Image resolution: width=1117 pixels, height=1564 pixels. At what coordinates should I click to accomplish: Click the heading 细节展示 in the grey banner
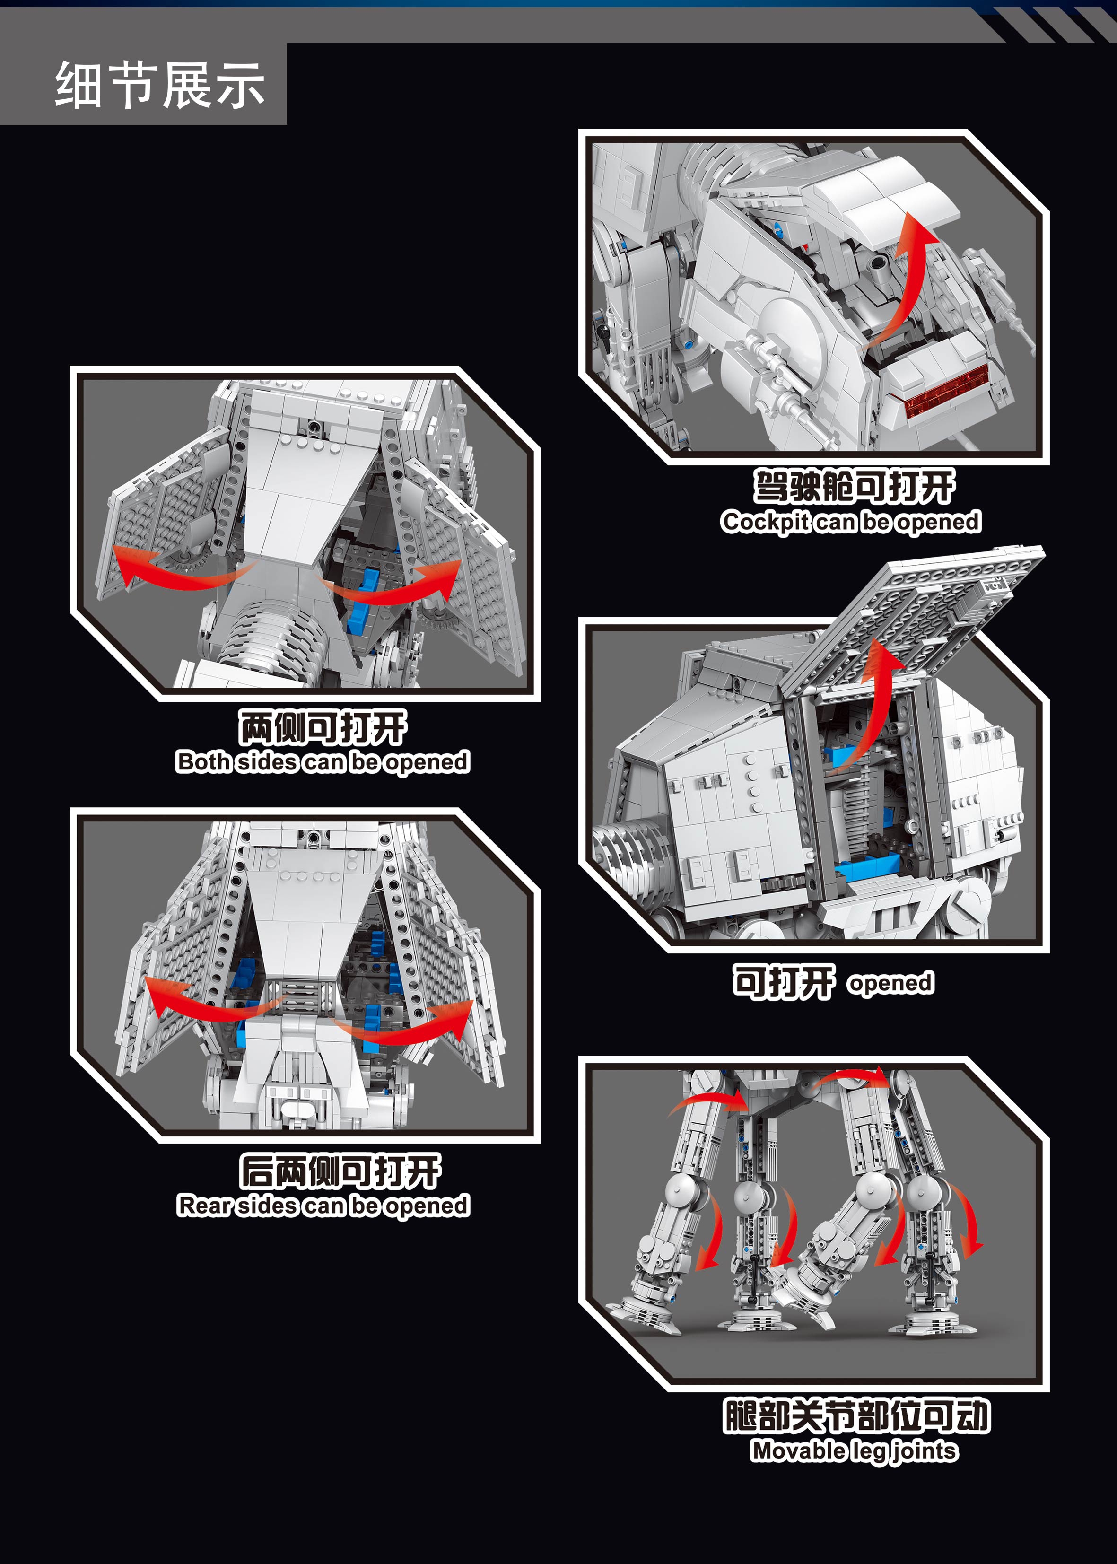(159, 85)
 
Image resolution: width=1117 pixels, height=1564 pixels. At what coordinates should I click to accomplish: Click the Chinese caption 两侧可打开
(323, 728)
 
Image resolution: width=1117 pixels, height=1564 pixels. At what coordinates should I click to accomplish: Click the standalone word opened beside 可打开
(890, 983)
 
